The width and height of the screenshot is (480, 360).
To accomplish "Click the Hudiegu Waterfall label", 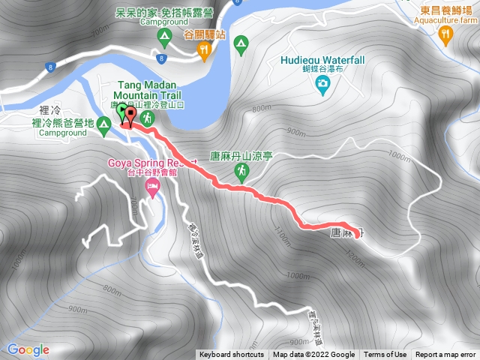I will click(322, 60).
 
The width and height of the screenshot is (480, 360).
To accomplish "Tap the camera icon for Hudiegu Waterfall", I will click(322, 86).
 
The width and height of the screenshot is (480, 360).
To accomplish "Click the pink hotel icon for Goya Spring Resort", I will click(152, 185).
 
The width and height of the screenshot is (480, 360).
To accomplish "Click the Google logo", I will click(28, 349).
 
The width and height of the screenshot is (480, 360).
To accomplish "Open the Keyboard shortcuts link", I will click(232, 355).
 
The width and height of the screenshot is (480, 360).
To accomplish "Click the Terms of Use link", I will click(385, 355).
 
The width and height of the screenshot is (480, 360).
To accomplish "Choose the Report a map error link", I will click(445, 355).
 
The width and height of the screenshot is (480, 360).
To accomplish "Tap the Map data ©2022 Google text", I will click(313, 355).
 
